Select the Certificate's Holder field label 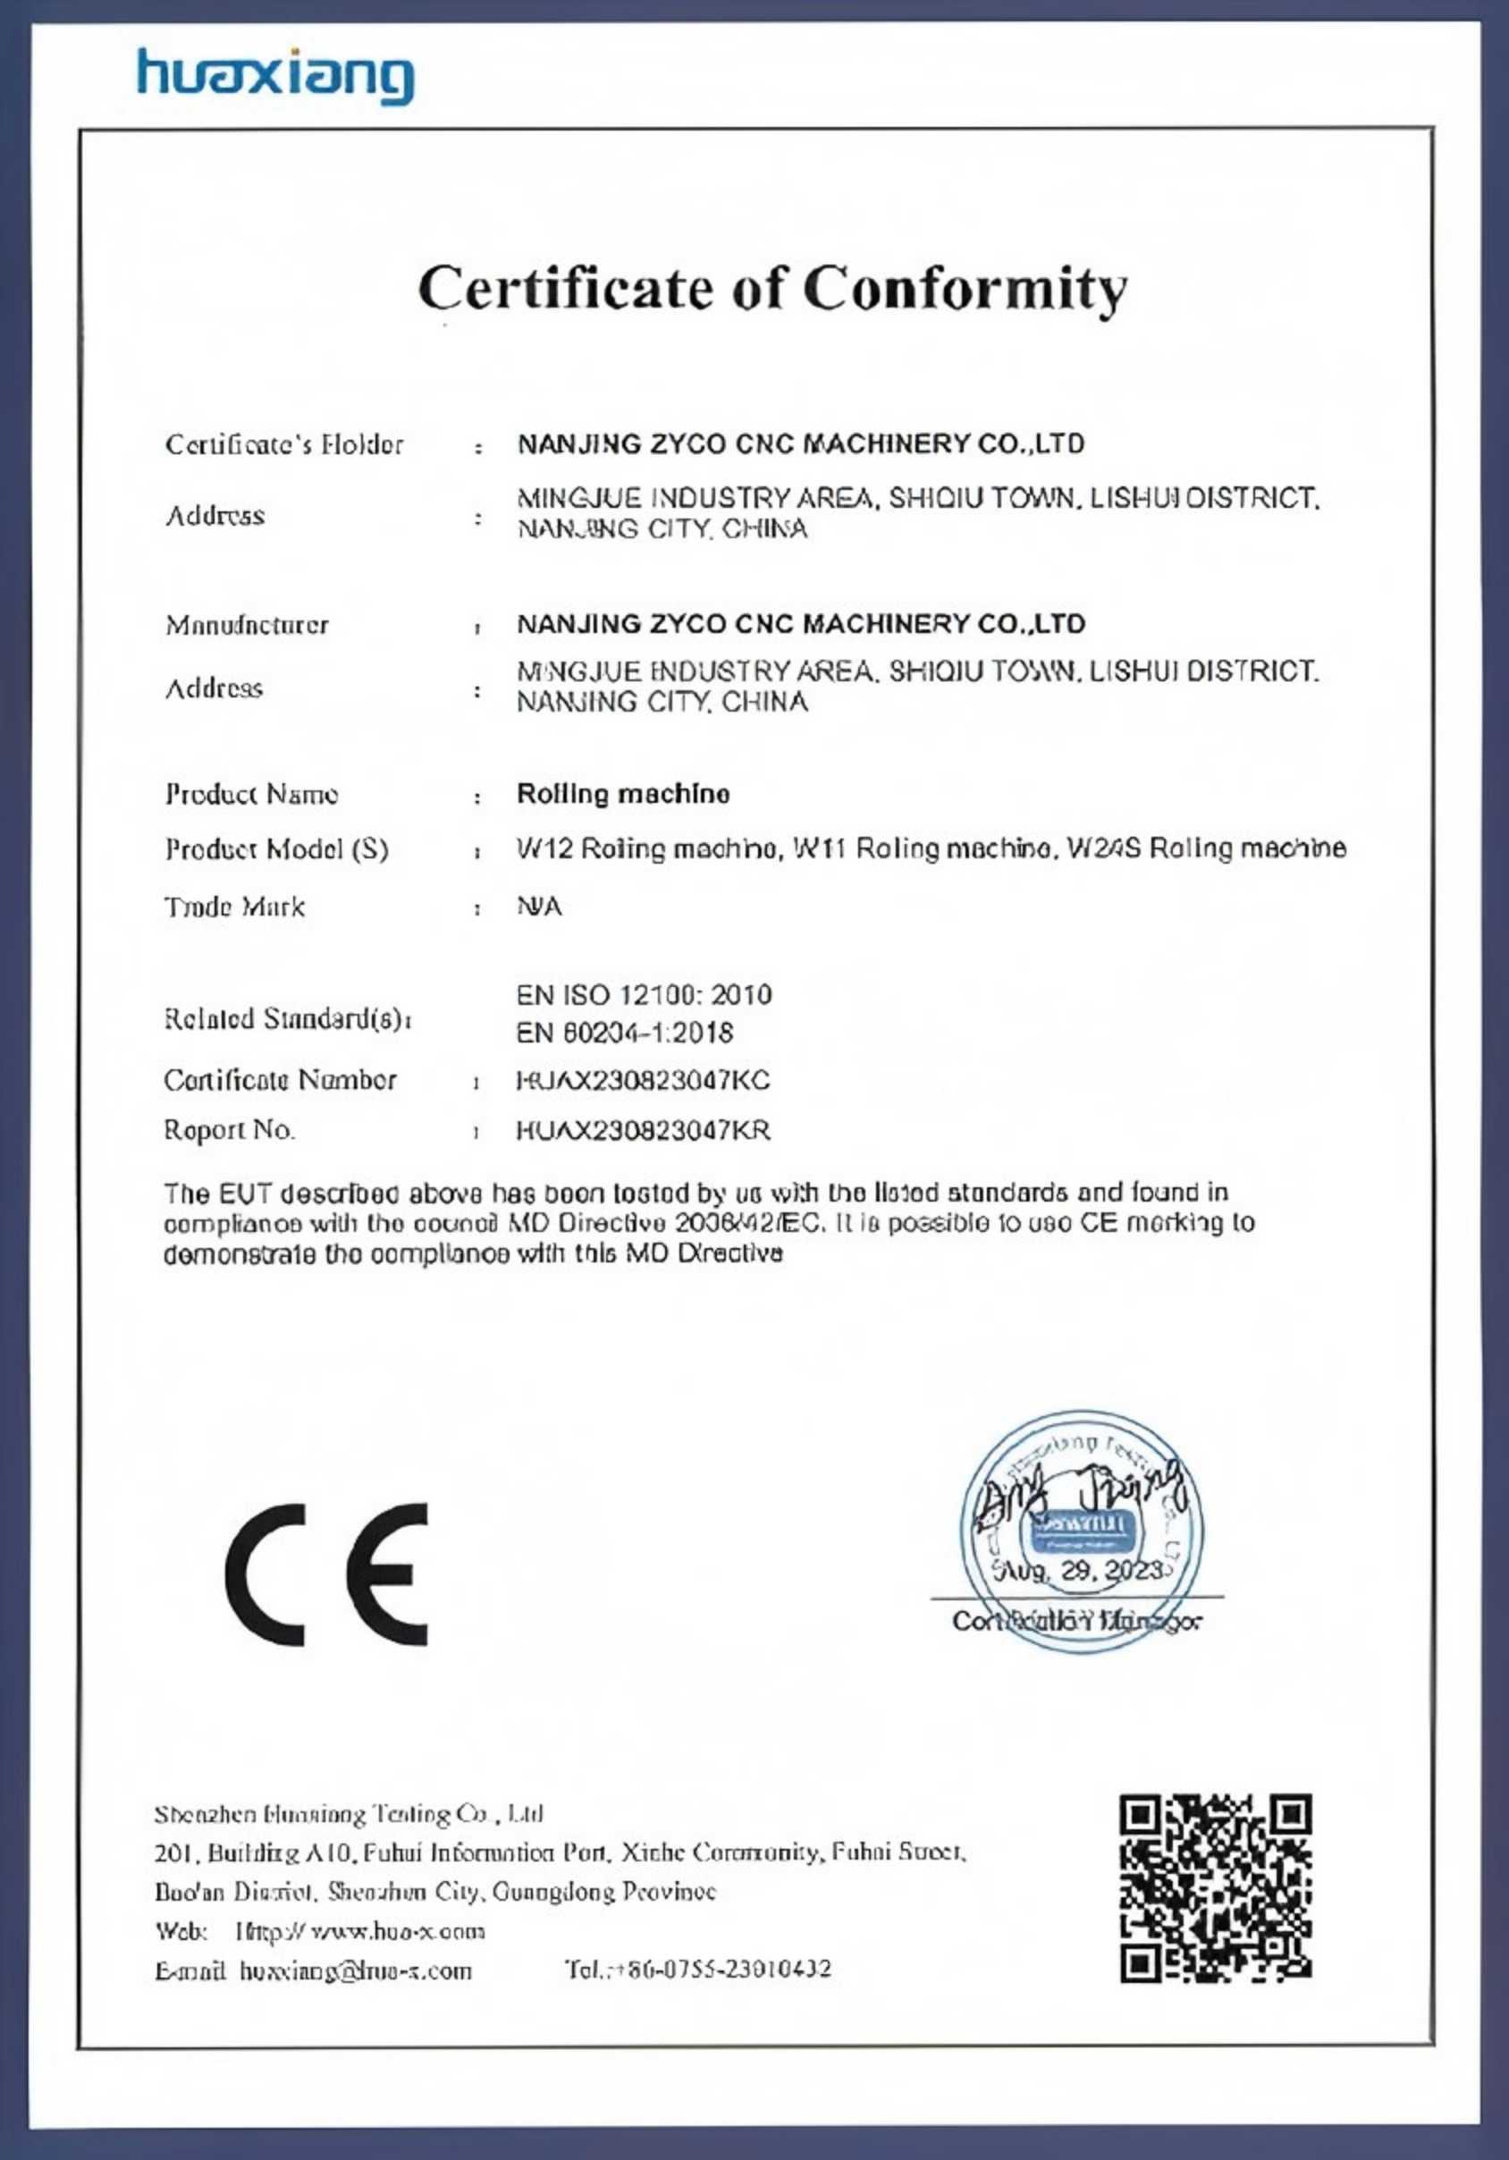(x=284, y=444)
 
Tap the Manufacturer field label (x=248, y=625)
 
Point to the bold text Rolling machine (x=623, y=794)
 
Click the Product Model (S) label (x=276, y=849)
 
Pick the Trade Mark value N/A (x=539, y=907)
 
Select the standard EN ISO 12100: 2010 (x=644, y=995)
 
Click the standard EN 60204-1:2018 (x=625, y=1033)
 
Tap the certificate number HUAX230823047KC (x=644, y=1081)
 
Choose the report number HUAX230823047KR (x=644, y=1131)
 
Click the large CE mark (x=326, y=1574)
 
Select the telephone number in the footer (x=698, y=1970)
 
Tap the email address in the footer (x=356, y=1970)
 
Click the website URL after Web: (x=360, y=1931)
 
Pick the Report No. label (x=229, y=1130)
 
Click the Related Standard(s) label (x=287, y=1019)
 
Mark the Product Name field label (x=251, y=795)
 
